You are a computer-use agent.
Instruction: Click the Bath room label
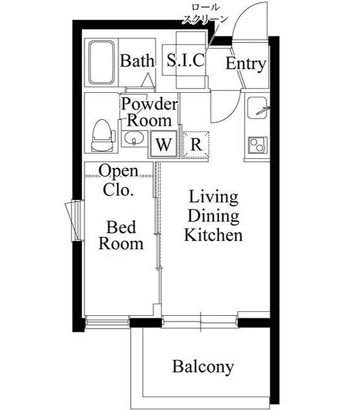137,61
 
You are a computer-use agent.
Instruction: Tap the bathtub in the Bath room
101,63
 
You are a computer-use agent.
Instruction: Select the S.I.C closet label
185,61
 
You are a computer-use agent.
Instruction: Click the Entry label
245,64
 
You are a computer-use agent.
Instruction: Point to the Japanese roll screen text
204,13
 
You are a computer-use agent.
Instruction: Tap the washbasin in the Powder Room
134,138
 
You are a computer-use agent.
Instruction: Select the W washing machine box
164,144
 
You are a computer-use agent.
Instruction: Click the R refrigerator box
195,144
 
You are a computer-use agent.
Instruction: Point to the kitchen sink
258,108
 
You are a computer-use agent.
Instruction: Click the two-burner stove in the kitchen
258,144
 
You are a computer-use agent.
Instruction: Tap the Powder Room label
149,111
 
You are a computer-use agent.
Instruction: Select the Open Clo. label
119,180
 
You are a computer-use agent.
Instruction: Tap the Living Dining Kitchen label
213,216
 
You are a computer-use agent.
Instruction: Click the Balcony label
202,367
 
